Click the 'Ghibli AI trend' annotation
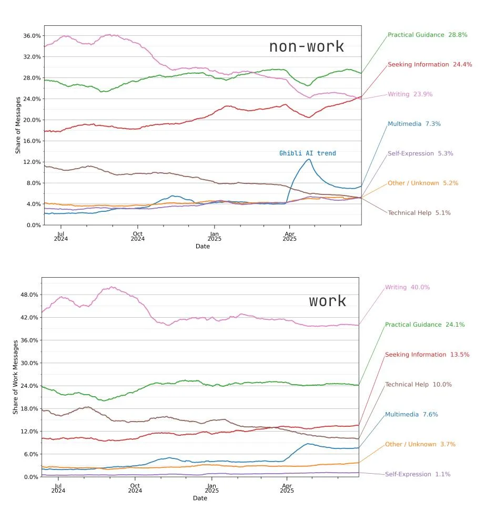coord(307,153)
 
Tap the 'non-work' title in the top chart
coord(306,46)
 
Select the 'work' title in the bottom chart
coord(327,301)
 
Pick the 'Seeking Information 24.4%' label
coord(430,64)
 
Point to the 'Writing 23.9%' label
coord(410,94)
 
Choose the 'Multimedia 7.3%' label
coord(414,124)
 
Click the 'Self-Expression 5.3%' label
coord(420,153)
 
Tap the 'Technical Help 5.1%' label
coord(419,213)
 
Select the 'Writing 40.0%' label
coord(407,287)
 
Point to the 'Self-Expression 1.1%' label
coord(418,474)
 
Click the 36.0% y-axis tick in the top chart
coord(32,36)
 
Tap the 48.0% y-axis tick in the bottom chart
coord(29,295)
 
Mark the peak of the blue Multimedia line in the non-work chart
coord(309,159)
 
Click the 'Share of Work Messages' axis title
coord(15,377)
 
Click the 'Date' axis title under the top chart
coord(203,246)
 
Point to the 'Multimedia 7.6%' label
coord(411,414)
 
